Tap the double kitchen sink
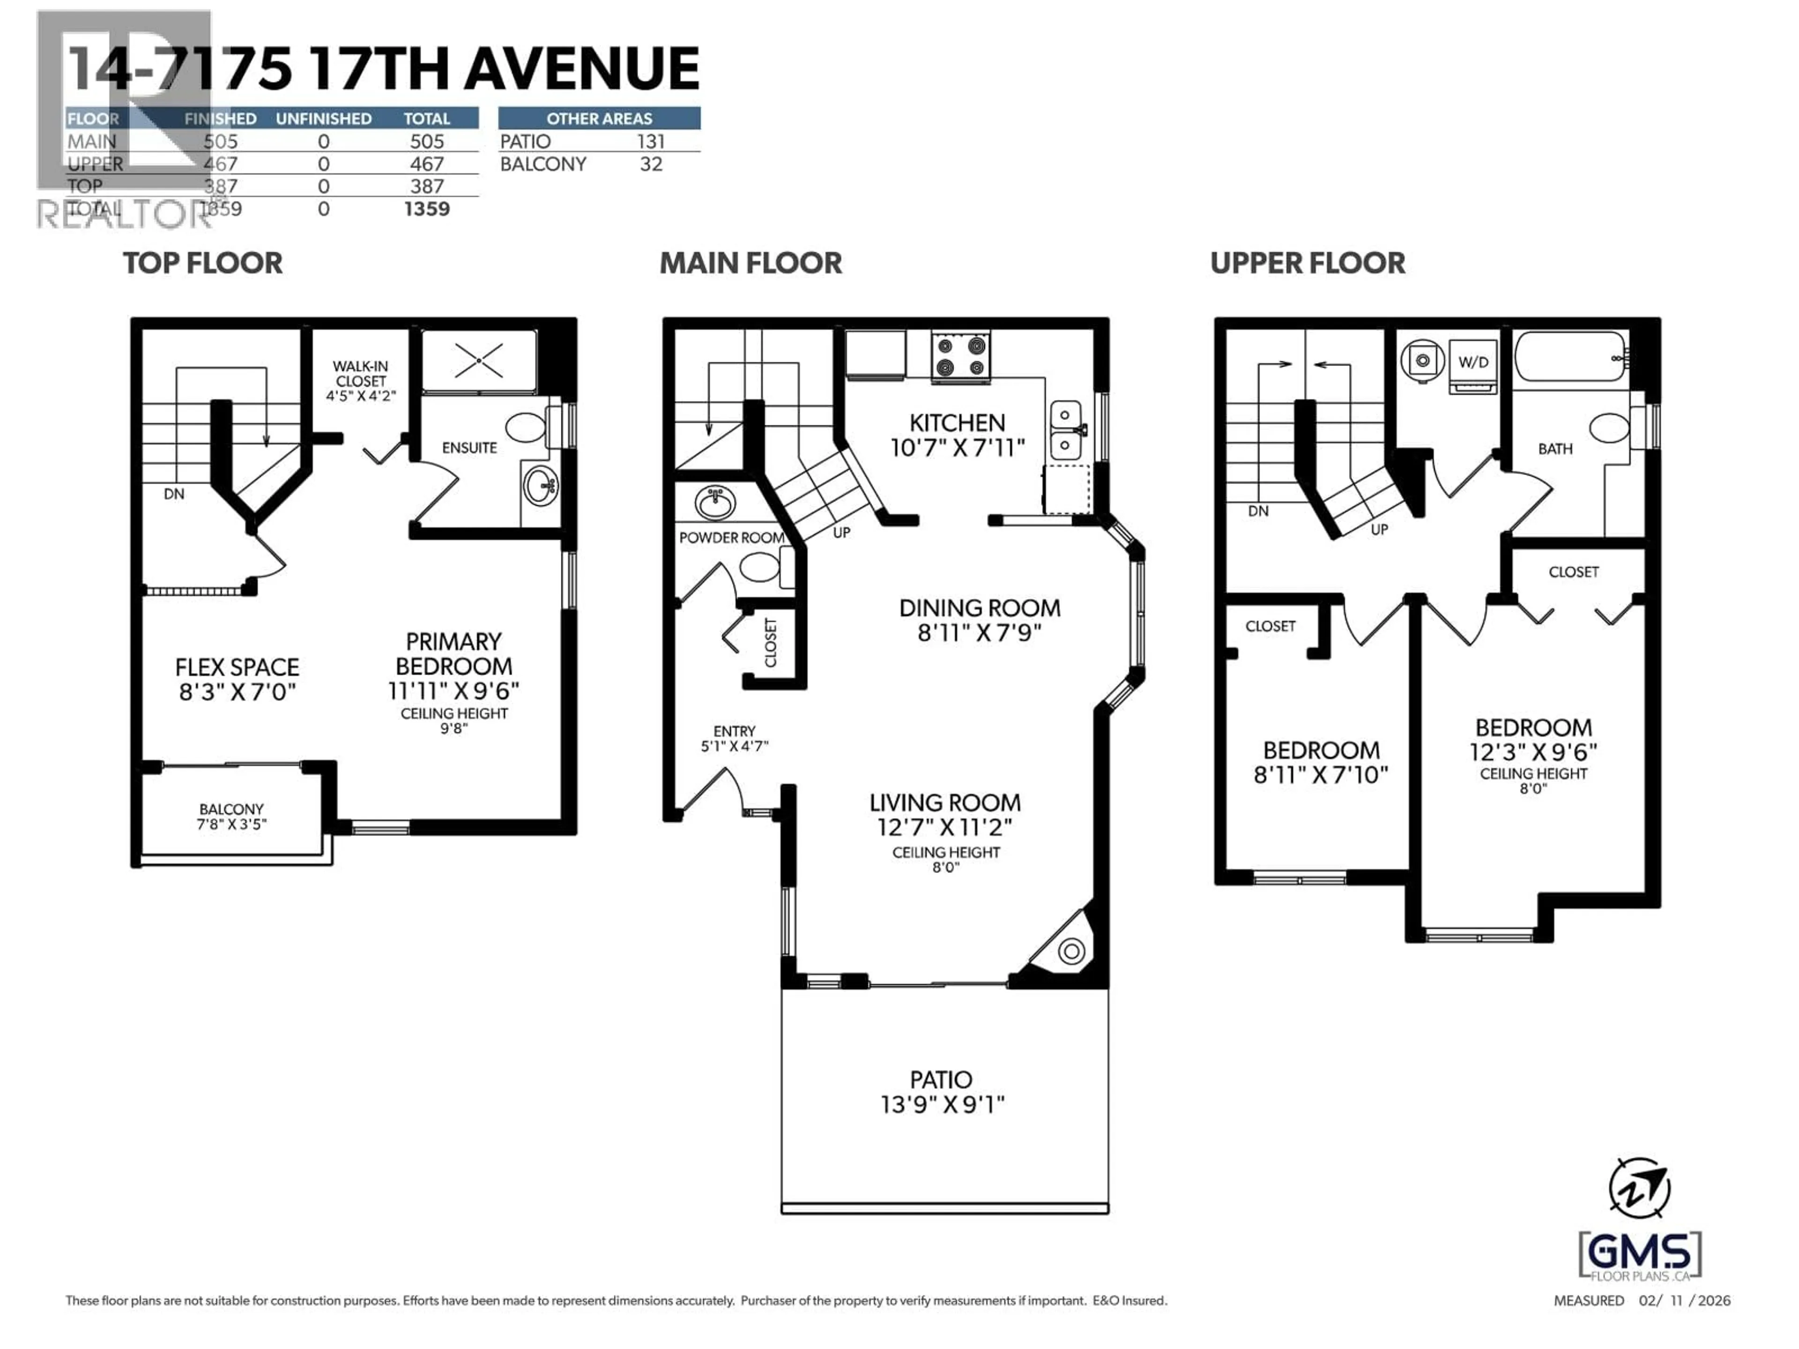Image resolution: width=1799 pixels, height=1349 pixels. [1065, 430]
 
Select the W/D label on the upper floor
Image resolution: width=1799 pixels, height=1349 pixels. [1473, 362]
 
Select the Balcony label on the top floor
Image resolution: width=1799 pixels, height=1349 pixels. [232, 809]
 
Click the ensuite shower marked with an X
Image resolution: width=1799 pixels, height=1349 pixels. [479, 360]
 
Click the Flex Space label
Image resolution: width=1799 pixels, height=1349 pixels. [237, 667]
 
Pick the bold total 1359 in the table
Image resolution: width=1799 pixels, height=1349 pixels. [426, 209]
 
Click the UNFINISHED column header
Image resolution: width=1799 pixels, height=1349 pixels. [324, 119]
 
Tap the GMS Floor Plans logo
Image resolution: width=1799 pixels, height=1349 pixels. [1640, 1256]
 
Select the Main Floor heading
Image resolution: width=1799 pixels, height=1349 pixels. [750, 263]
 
